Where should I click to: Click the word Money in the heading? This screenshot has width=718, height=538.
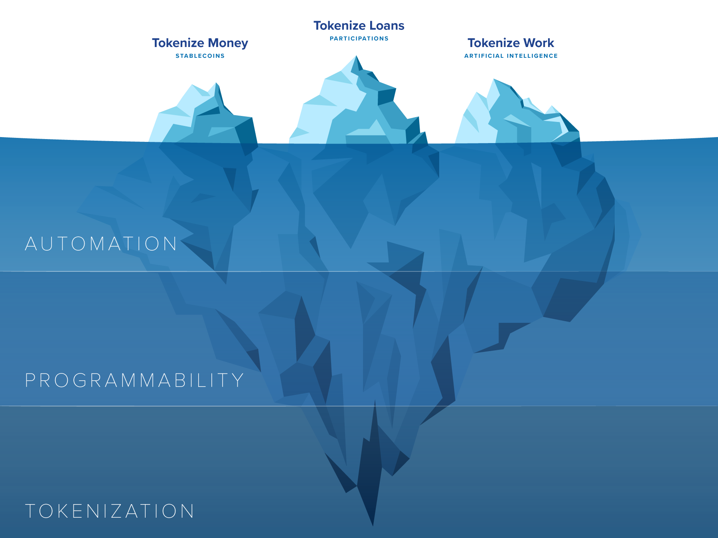tap(228, 43)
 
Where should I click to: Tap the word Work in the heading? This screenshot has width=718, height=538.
tap(538, 43)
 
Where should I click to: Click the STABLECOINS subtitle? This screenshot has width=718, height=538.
tap(200, 56)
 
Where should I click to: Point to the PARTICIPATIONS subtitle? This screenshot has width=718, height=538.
tap(359, 39)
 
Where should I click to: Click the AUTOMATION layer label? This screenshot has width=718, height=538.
tap(101, 243)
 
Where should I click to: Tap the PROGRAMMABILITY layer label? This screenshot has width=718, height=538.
tap(134, 380)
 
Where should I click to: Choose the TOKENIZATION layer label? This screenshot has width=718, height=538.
tap(110, 511)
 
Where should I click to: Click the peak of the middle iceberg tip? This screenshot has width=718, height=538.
tap(356, 56)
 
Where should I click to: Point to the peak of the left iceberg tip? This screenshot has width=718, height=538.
tap(217, 83)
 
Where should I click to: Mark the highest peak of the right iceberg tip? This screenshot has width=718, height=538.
tap(494, 79)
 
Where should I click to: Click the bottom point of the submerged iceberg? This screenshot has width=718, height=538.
tap(373, 525)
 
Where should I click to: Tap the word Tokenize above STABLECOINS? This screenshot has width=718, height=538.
tap(178, 43)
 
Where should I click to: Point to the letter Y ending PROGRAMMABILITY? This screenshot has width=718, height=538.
tap(238, 380)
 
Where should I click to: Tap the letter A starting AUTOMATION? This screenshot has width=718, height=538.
tap(31, 243)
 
